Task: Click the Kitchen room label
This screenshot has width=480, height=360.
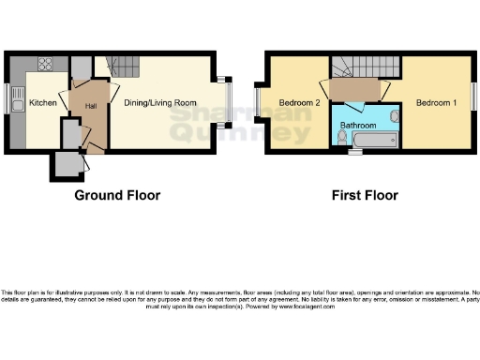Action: [x=43, y=102]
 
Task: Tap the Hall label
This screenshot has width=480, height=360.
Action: [x=91, y=107]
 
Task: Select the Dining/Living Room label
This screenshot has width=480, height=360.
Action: [x=160, y=102]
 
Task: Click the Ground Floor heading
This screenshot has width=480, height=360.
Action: [x=117, y=196]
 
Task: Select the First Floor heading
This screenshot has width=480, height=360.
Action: [x=365, y=196]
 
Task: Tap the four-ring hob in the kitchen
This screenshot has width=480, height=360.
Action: [x=44, y=65]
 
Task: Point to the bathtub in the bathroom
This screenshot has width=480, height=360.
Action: [x=372, y=141]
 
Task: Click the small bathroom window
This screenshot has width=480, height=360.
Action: [x=354, y=151]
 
